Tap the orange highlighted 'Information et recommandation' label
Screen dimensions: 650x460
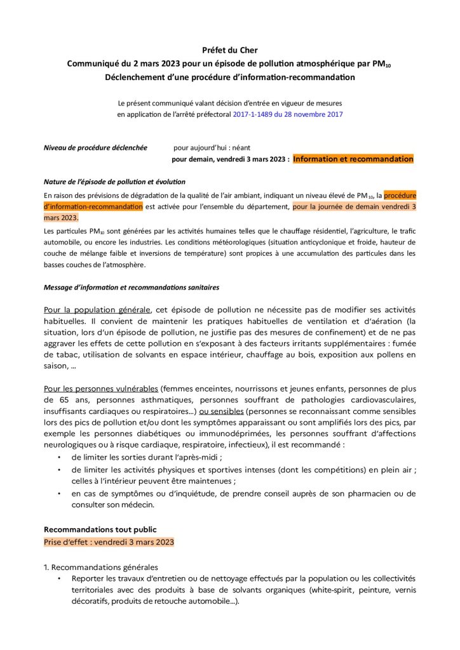coord(353,159)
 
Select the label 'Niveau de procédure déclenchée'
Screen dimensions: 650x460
coord(95,147)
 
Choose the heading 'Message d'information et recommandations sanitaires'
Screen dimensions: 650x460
coord(131,288)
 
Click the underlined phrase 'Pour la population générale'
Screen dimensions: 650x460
coord(97,309)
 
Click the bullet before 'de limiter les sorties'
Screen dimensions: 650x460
coord(59,457)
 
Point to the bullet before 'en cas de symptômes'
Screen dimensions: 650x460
coord(59,494)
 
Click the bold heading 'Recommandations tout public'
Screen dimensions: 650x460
coord(100,529)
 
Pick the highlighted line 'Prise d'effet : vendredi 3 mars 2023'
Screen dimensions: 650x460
coord(109,542)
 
